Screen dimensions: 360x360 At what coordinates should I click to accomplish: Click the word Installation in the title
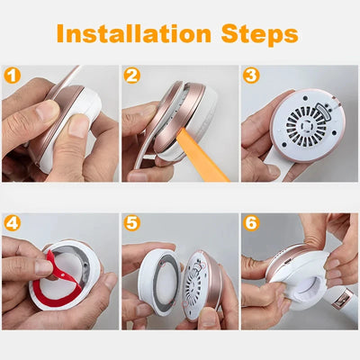coord(134,34)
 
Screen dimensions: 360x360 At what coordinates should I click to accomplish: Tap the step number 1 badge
coord(12,76)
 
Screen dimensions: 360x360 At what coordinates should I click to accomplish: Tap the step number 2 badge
coord(131,76)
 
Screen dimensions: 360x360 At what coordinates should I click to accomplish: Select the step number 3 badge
coord(251,76)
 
